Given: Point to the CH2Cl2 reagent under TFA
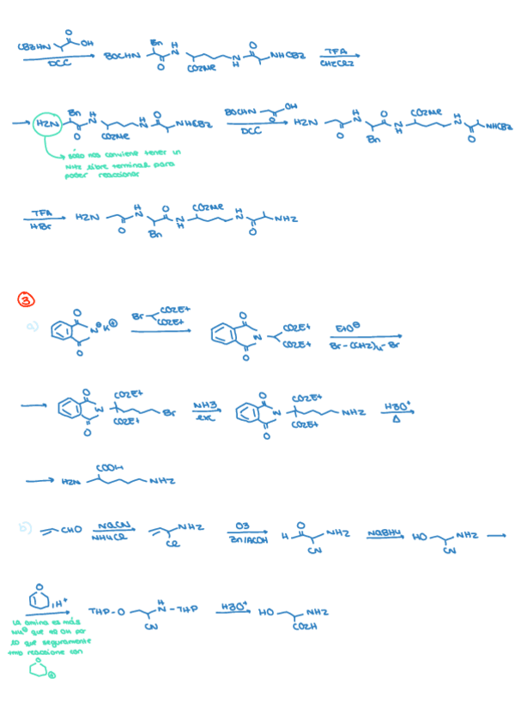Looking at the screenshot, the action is click(338, 63).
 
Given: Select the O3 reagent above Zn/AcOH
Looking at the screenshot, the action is click(241, 527).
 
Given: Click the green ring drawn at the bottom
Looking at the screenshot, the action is click(39, 669).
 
